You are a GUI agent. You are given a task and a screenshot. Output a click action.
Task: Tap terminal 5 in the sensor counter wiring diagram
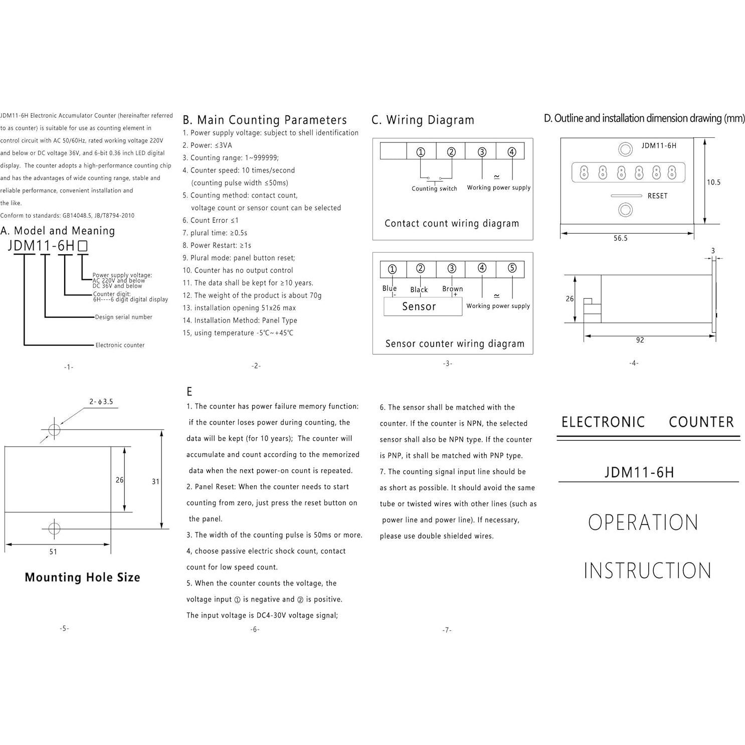click(x=512, y=268)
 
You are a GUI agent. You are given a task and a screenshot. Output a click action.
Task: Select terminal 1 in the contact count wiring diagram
click(x=421, y=152)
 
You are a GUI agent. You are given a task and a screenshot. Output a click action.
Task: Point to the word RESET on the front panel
click(x=657, y=196)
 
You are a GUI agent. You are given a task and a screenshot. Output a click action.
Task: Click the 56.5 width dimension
click(x=621, y=239)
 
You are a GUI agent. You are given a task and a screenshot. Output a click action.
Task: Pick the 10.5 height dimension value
click(x=713, y=182)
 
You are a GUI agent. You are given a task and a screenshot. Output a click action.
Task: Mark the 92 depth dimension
click(x=640, y=340)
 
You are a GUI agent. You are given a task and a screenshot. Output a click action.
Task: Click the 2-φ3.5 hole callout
click(x=101, y=402)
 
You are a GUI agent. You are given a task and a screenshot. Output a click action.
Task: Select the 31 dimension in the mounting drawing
click(x=155, y=482)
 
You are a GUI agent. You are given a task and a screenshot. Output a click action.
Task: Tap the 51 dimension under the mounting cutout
click(x=53, y=552)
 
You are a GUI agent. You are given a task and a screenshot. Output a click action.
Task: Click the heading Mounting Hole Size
click(x=82, y=578)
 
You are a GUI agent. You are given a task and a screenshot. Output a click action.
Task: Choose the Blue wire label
click(x=390, y=288)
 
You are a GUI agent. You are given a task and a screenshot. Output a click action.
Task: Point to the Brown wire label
click(x=453, y=289)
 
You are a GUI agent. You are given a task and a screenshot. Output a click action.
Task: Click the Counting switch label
click(x=434, y=189)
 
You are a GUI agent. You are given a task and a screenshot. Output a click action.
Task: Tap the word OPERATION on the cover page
click(x=643, y=523)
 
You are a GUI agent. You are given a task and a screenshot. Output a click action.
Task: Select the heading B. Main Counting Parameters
click(x=265, y=120)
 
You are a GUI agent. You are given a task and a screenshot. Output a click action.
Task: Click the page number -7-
click(x=447, y=630)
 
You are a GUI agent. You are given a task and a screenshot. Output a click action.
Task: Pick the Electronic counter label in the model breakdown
click(x=120, y=345)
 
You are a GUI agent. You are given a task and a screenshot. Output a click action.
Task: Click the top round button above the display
click(x=625, y=149)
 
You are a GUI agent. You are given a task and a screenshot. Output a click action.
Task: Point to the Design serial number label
click(x=124, y=317)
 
